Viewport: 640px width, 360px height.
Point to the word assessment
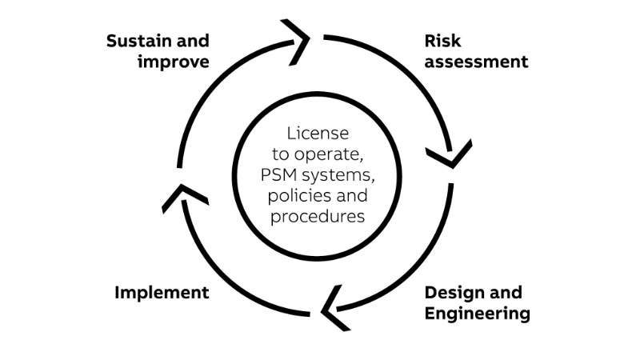(476, 62)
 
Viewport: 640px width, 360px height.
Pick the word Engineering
(477, 313)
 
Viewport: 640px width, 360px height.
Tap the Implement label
(162, 292)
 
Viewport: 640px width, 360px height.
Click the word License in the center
(318, 132)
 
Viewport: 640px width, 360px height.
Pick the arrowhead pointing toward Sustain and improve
(182, 196)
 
